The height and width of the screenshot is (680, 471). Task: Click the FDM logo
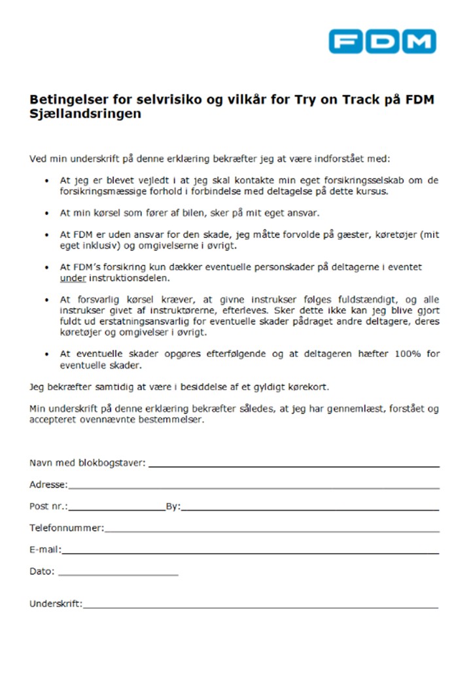[382, 41]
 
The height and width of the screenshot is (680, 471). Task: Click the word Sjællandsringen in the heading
[85, 113]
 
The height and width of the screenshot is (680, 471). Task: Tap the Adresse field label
[48, 484]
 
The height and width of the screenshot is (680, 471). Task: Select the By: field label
[173, 506]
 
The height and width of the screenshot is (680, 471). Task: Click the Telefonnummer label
[66, 528]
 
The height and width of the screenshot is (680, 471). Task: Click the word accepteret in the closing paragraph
[53, 420]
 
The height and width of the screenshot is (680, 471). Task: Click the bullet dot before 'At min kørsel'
[46, 213]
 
